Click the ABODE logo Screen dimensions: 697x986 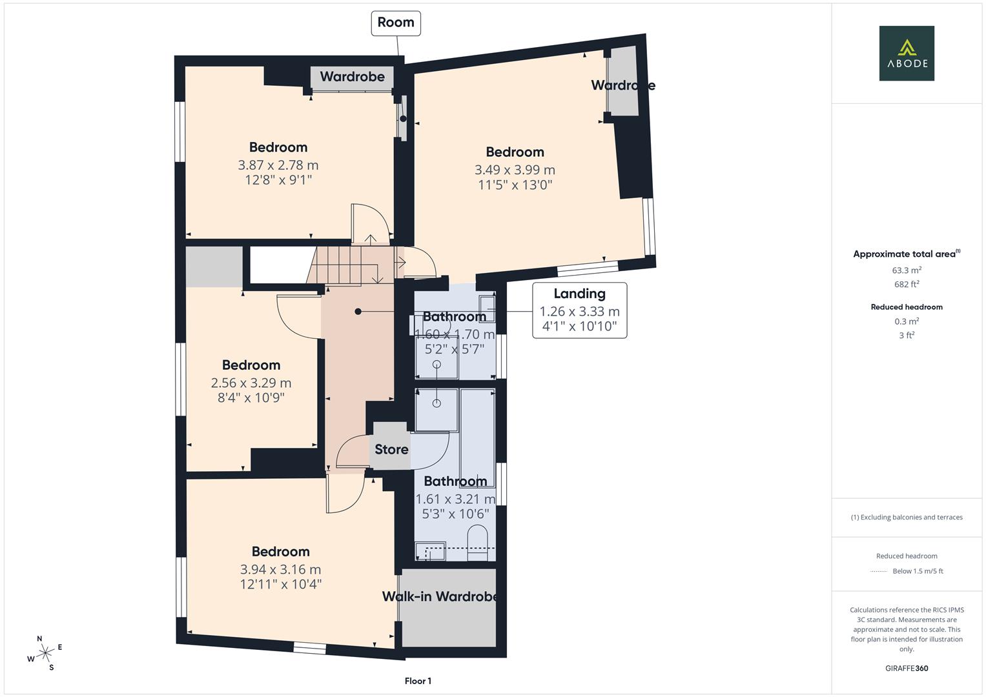906,53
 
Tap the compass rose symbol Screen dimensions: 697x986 45,653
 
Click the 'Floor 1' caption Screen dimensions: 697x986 418,681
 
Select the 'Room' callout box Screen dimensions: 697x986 395,23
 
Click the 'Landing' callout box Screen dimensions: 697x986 579,310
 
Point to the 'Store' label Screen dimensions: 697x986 391,449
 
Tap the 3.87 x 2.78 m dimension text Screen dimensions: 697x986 278,165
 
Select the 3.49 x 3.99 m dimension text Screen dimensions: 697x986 515,170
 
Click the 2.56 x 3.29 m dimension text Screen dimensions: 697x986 251,383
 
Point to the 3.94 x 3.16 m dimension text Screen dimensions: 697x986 280,569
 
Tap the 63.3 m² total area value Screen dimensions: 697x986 907,270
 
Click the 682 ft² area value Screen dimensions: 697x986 907,284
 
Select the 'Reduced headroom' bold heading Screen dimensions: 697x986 907,307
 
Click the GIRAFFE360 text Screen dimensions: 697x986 907,668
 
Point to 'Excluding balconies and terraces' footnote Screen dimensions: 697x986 907,517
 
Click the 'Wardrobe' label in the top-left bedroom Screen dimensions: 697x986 352,77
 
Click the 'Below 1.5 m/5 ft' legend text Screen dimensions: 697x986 918,571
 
